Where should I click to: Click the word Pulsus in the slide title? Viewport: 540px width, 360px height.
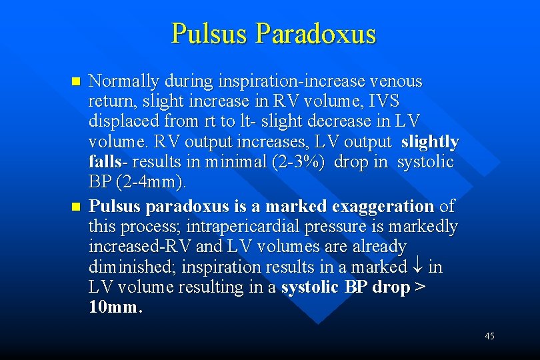[209, 33]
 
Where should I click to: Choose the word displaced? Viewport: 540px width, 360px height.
[120, 122]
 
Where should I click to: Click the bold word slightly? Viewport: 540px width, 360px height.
[430, 142]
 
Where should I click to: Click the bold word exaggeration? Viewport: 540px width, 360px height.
[381, 206]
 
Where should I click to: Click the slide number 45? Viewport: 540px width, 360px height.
[489, 336]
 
